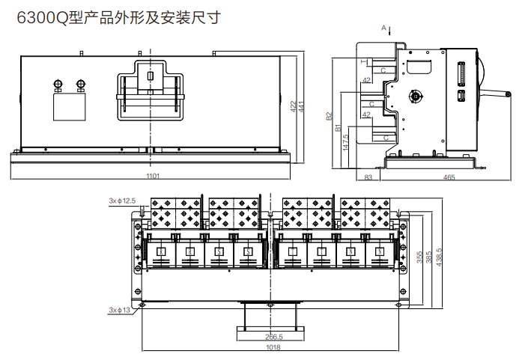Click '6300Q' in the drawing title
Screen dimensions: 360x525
(42, 17)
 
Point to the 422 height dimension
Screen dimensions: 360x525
(293, 106)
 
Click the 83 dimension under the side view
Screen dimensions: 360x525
(368, 177)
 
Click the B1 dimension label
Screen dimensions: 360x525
(338, 129)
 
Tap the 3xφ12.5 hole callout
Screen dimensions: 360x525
(122, 201)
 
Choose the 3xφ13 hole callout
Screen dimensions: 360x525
(119, 309)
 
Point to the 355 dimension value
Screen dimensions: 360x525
(418, 257)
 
